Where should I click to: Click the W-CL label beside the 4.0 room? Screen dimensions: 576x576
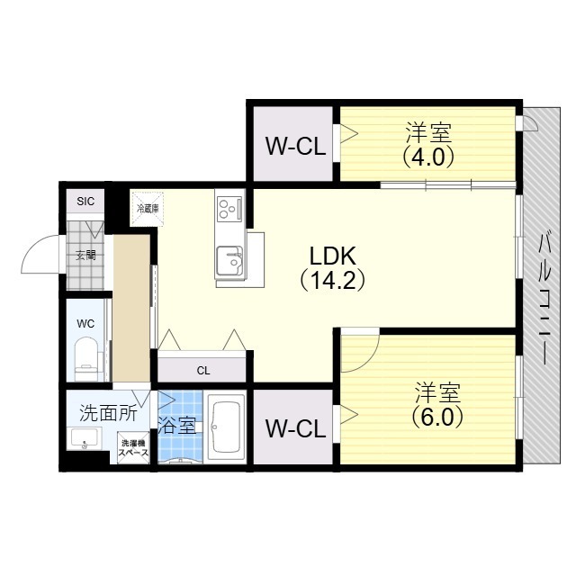294,146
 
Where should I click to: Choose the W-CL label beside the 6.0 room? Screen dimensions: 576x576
294,428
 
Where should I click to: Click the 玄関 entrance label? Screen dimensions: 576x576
85,255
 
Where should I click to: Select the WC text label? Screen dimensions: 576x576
85,322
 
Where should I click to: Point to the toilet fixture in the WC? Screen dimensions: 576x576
86,353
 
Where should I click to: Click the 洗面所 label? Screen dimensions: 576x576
108,413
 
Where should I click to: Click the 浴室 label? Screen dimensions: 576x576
176,424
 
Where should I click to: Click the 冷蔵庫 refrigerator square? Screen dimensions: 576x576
147,208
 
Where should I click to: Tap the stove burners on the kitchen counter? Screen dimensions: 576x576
229,210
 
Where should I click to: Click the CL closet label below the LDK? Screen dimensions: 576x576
202,370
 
